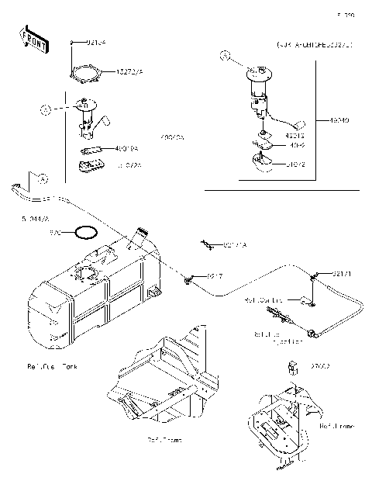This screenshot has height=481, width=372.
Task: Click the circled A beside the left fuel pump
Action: [46, 110]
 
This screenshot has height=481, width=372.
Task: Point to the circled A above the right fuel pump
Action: [225, 56]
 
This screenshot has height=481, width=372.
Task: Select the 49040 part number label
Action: [339, 120]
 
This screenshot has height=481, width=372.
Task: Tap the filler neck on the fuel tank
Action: [141, 234]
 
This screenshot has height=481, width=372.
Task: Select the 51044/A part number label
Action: [26, 220]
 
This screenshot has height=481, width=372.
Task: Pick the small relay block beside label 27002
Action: [295, 365]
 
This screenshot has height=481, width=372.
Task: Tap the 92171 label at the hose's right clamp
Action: [341, 273]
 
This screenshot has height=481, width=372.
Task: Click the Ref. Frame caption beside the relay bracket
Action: [337, 425]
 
